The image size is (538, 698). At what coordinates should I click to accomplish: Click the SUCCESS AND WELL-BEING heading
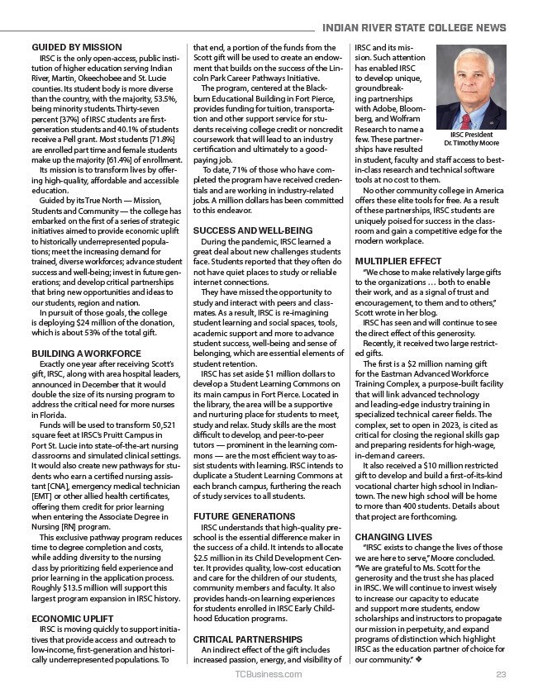[253, 230]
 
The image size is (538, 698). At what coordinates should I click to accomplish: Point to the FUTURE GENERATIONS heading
[244, 515]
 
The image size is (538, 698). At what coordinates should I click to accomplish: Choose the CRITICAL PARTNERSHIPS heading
[248, 639]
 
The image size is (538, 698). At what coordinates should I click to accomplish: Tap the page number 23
[501, 675]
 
